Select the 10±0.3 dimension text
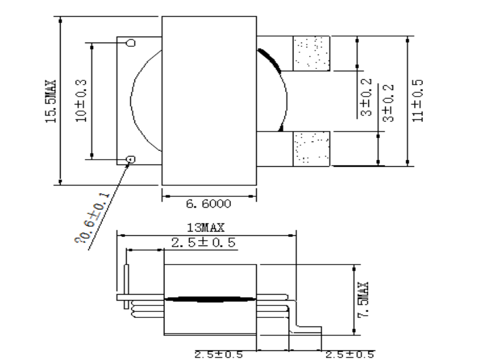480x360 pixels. (x=82, y=101)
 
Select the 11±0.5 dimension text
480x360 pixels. (x=418, y=101)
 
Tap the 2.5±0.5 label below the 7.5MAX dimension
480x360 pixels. (x=349, y=355)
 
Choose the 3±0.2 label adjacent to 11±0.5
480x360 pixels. (x=388, y=103)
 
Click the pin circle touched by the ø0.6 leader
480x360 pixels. (x=131, y=159)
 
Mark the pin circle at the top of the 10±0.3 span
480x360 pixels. (x=131, y=43)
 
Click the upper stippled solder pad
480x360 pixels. (x=311, y=53)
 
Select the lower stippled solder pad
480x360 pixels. (x=311, y=148)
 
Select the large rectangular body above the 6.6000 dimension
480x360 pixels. (x=209, y=100)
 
